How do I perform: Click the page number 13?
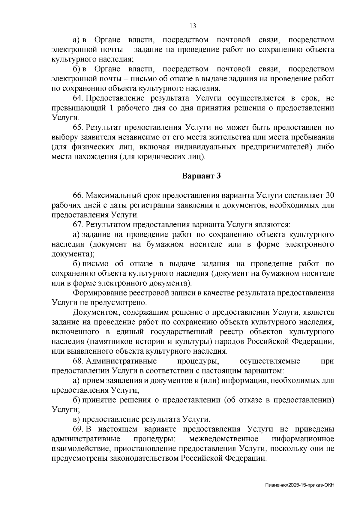[193, 26]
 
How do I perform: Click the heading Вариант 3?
[202, 176]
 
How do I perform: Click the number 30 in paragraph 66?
[329, 196]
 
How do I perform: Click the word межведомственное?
[224, 439]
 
